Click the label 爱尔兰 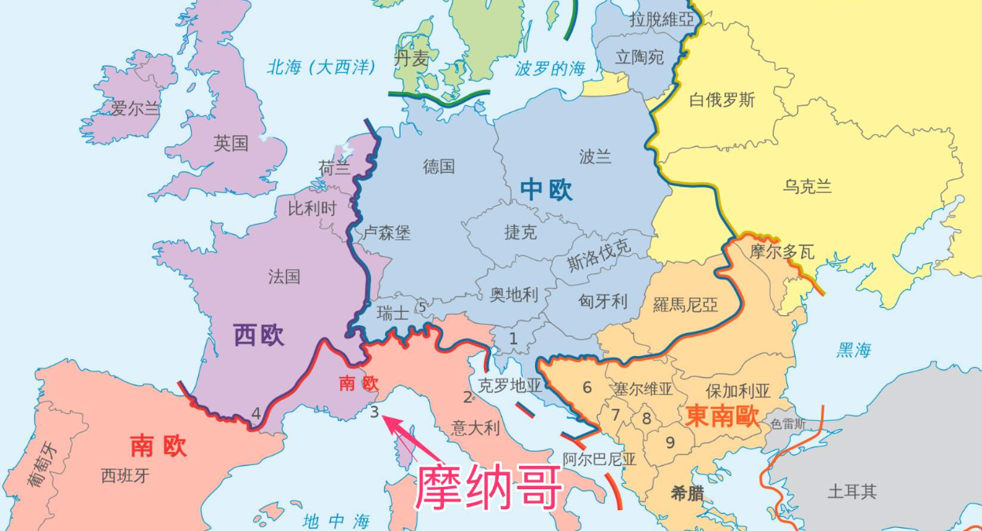click(x=135, y=108)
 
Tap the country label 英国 click(x=231, y=143)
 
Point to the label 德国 click(x=438, y=166)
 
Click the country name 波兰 click(x=595, y=157)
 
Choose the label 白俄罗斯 click(x=721, y=100)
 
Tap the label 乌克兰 click(x=806, y=186)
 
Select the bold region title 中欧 click(x=547, y=190)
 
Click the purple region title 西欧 click(x=259, y=335)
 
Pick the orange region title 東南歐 click(x=722, y=417)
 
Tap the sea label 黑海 click(x=854, y=351)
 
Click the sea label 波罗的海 click(x=551, y=69)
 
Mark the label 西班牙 click(x=124, y=475)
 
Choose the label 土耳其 click(x=852, y=491)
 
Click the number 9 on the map click(x=670, y=443)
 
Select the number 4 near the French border click(x=256, y=413)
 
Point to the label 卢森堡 click(x=387, y=232)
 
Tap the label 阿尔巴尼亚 click(x=599, y=459)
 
